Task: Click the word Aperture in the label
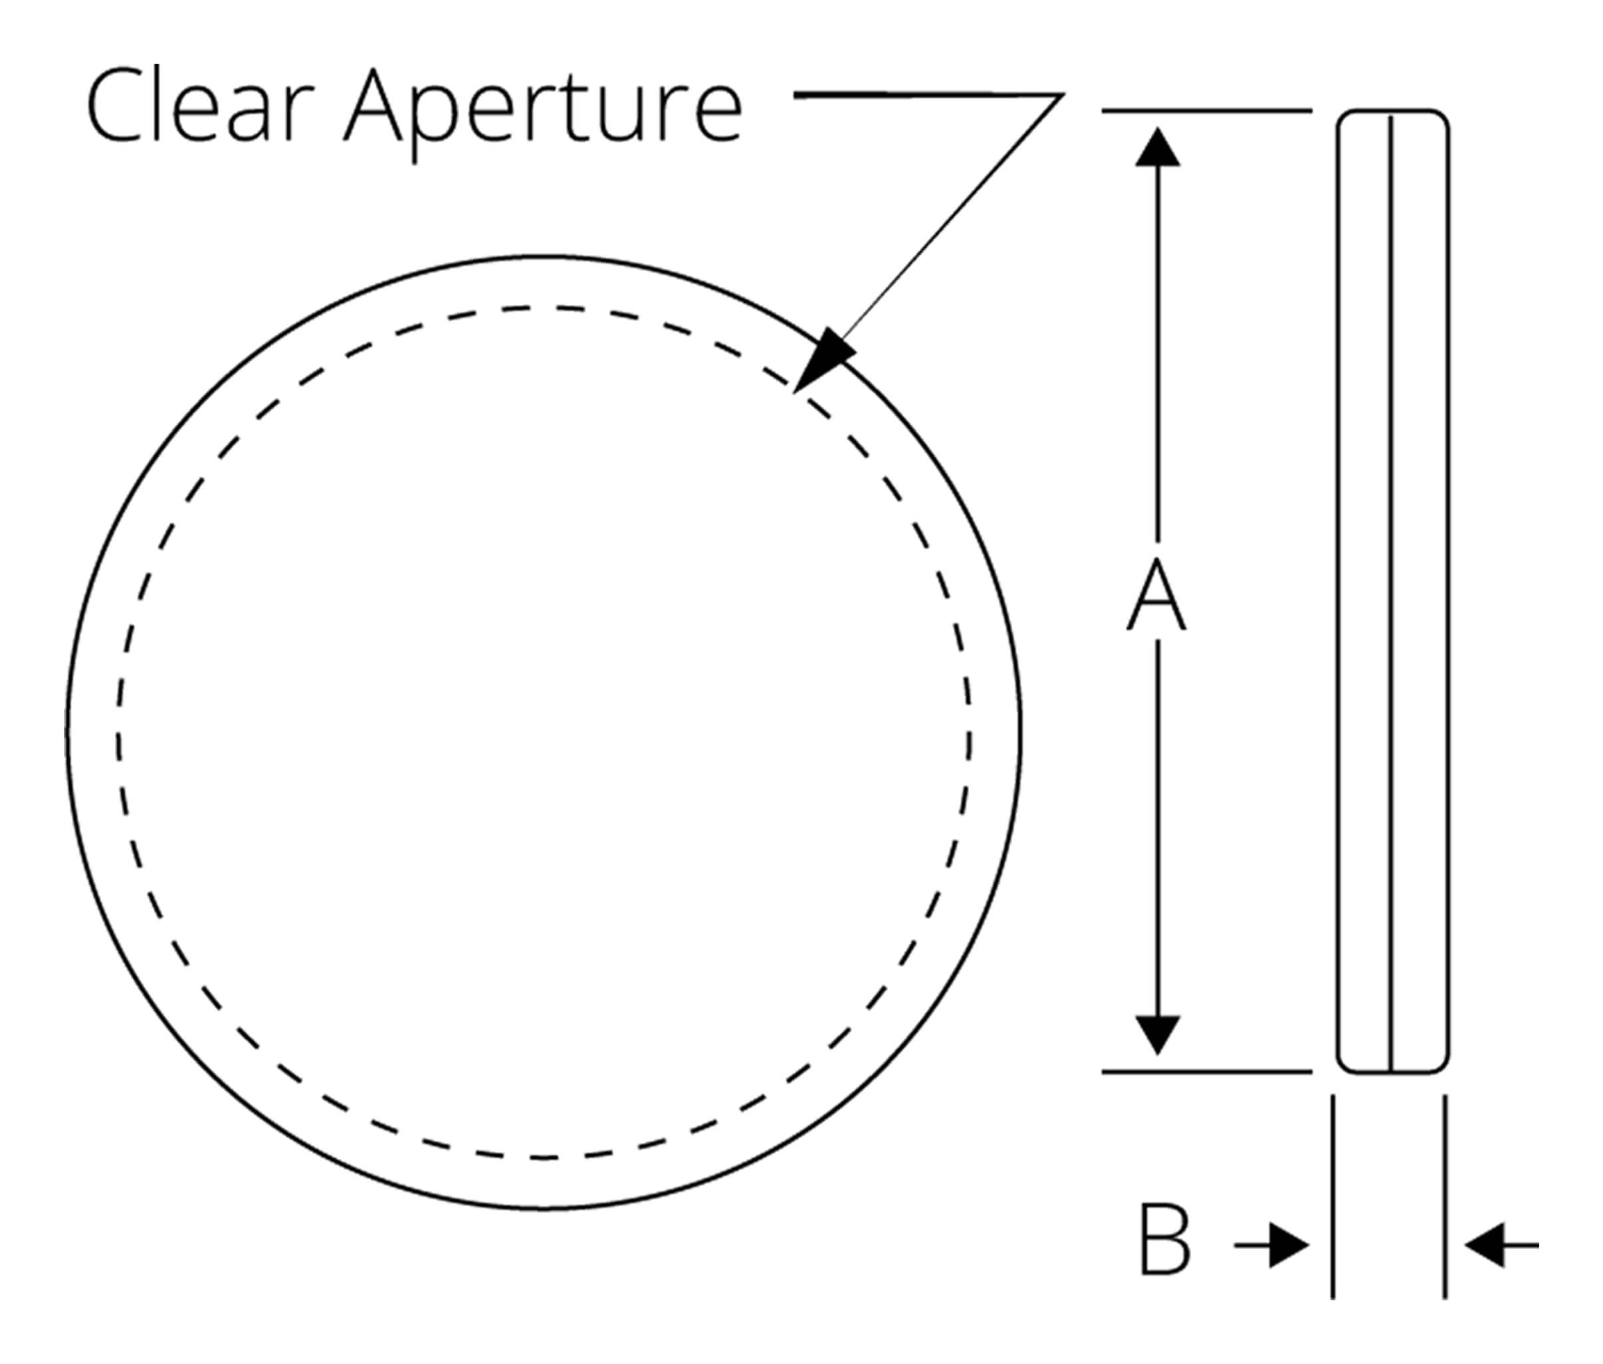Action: point(542,108)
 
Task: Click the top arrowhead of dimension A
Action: point(1157,149)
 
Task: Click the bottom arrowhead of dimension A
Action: point(1157,1034)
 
